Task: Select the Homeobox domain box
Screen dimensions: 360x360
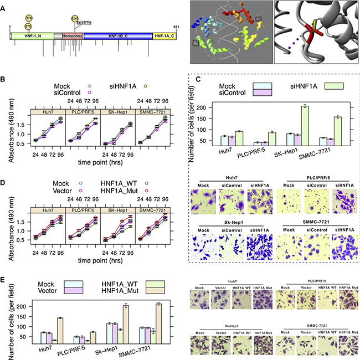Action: pos(71,35)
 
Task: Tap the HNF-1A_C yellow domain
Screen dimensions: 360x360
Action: pos(164,35)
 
